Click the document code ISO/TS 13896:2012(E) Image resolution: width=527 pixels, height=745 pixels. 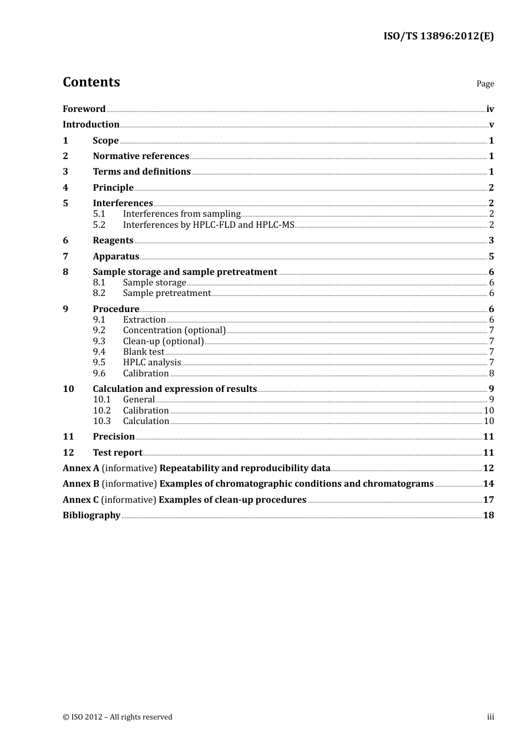(x=438, y=37)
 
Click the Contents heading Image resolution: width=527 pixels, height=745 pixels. (x=91, y=82)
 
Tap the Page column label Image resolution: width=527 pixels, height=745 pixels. (x=485, y=84)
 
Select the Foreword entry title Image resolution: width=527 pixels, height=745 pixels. (x=84, y=109)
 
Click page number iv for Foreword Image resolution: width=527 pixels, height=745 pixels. (x=490, y=109)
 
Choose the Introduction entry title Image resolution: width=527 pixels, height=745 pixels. (x=91, y=125)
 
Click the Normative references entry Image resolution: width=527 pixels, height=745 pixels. (x=141, y=156)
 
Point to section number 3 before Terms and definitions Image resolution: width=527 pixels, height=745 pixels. (x=65, y=172)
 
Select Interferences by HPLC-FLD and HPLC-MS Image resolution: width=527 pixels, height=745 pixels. (x=209, y=225)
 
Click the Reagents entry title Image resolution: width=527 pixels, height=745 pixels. (x=113, y=241)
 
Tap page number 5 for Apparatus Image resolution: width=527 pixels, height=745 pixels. (x=491, y=257)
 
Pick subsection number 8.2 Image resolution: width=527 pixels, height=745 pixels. (x=99, y=293)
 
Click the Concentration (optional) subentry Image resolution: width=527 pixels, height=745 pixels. (x=174, y=330)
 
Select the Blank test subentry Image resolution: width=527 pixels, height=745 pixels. (x=144, y=352)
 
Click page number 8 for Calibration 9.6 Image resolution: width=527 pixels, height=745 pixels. (x=491, y=374)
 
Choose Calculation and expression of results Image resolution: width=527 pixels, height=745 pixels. (x=175, y=389)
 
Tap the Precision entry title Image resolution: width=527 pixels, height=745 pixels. (x=114, y=437)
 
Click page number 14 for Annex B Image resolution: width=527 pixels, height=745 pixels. (x=488, y=484)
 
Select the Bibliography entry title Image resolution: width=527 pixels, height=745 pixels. (x=92, y=516)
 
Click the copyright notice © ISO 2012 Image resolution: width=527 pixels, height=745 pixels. (x=118, y=717)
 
